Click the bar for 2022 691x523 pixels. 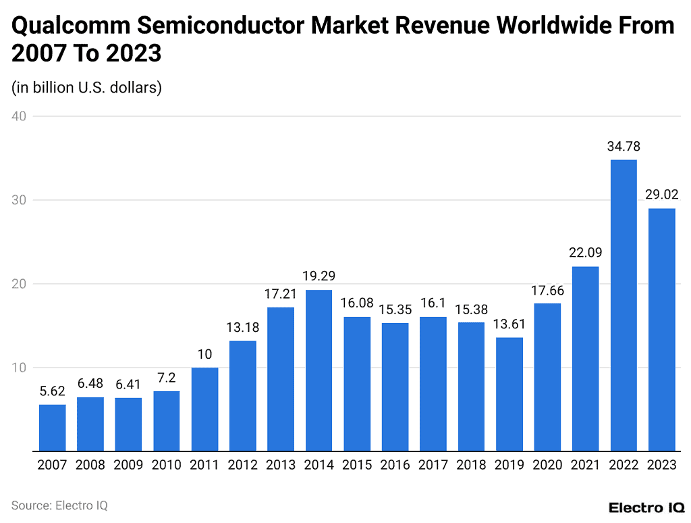[x=624, y=305]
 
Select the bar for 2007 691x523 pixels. [x=53, y=427]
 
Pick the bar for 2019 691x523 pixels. [x=509, y=394]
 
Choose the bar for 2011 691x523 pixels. [x=204, y=409]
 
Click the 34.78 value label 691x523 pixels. [x=624, y=146]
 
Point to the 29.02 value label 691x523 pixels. [x=661, y=195]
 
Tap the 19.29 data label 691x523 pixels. [x=319, y=276]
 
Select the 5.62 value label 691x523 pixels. [x=53, y=391]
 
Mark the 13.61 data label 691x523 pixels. [x=509, y=324]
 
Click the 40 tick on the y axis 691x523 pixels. [x=19, y=116]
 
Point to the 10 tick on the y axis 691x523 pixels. [x=19, y=368]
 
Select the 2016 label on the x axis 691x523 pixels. [x=395, y=466]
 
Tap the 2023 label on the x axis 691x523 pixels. [x=661, y=466]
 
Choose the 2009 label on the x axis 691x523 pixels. [x=128, y=466]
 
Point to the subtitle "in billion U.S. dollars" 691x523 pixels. [x=86, y=87]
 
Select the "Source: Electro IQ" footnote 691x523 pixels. [x=59, y=505]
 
